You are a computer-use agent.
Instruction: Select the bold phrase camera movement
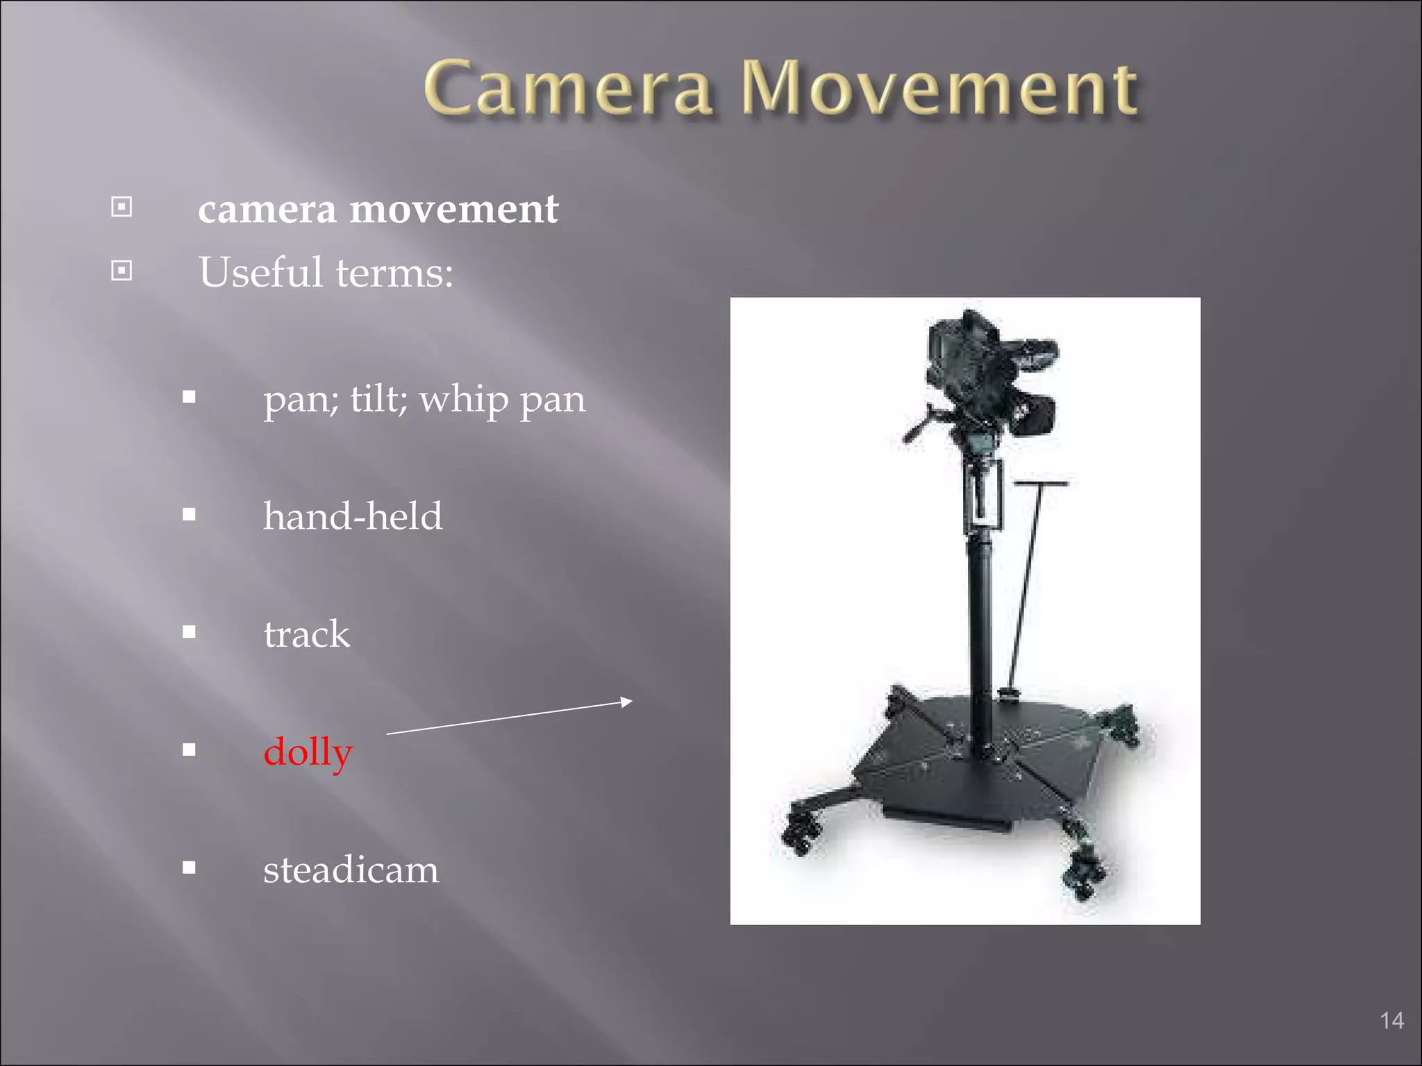pyautogui.click(x=378, y=209)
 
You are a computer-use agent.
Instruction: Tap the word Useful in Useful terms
pyautogui.click(x=260, y=272)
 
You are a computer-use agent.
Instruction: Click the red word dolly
pyautogui.click(x=308, y=752)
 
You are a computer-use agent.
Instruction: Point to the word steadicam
pyautogui.click(x=351, y=869)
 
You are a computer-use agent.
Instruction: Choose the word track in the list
pyautogui.click(x=307, y=634)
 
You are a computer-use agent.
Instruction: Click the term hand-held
pyautogui.click(x=353, y=516)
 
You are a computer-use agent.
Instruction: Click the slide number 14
pyautogui.click(x=1391, y=1020)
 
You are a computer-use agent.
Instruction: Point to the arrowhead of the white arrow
pyautogui.click(x=626, y=702)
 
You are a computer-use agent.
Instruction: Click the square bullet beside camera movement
pyautogui.click(x=122, y=207)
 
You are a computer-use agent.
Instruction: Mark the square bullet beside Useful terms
pyautogui.click(x=122, y=270)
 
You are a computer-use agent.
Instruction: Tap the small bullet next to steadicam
pyautogui.click(x=189, y=867)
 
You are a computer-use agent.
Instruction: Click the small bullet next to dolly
pyautogui.click(x=189, y=750)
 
